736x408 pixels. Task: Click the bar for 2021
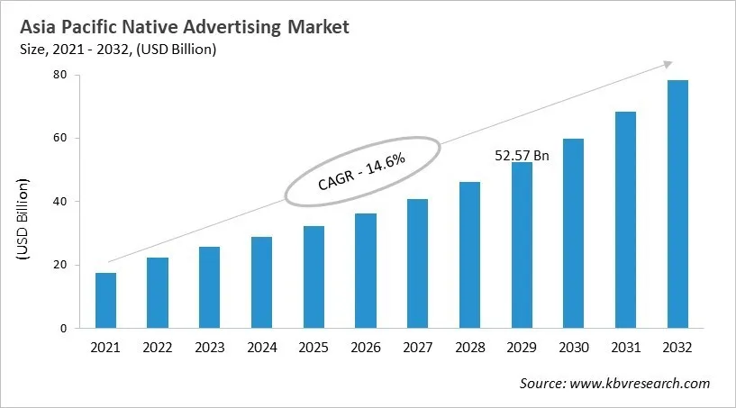(105, 301)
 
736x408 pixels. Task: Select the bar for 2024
(261, 283)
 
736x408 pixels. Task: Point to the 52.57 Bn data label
(522, 155)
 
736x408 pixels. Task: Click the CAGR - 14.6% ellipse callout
(362, 170)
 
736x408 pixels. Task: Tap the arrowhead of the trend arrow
(668, 63)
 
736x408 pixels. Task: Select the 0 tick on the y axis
(63, 329)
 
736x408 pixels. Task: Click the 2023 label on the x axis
(209, 348)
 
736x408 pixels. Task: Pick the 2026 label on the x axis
(365, 348)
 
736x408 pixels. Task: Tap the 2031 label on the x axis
(625, 348)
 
